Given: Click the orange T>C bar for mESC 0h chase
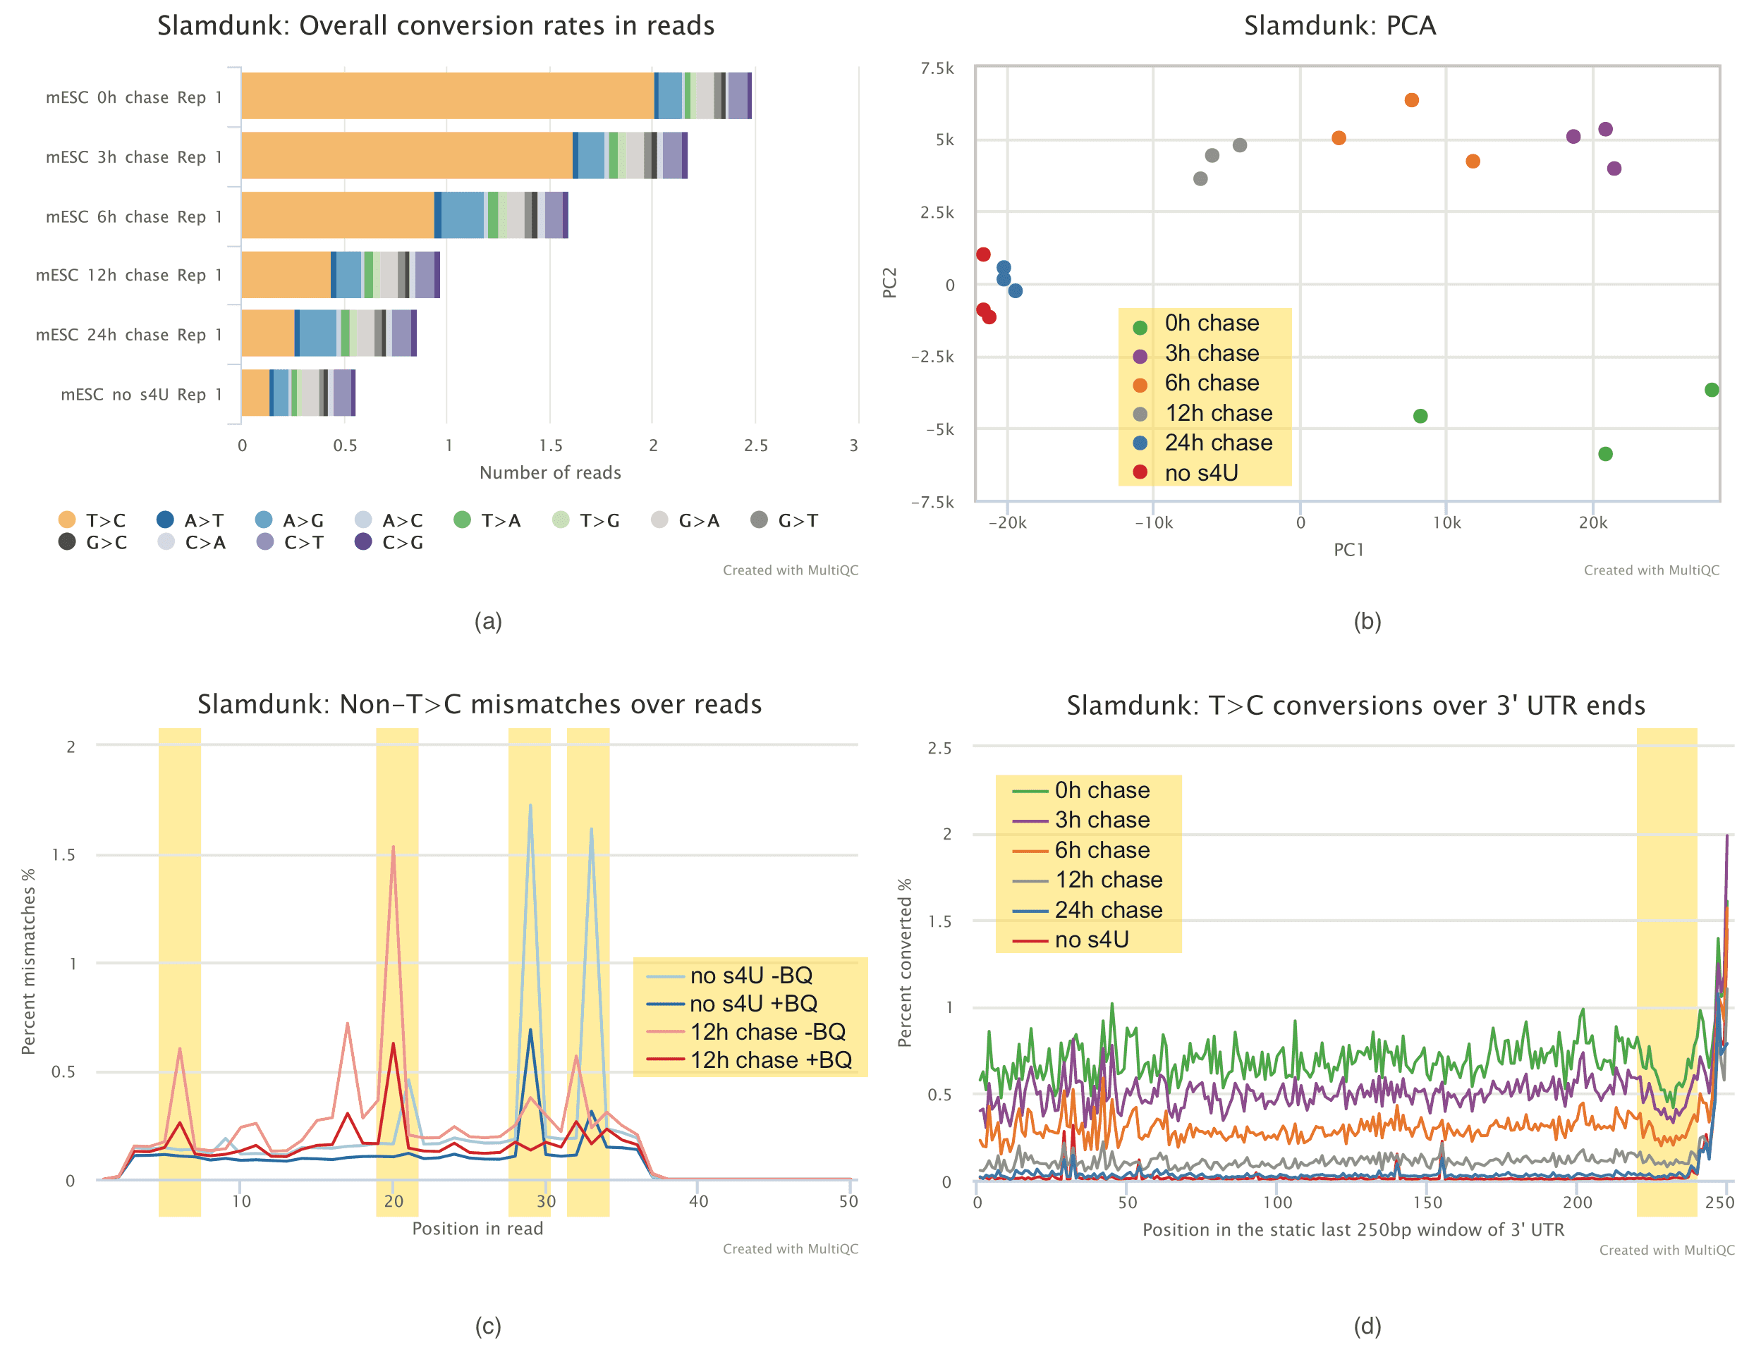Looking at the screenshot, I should pyautogui.click(x=447, y=96).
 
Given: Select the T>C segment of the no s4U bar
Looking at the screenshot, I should pyautogui.click(x=255, y=393).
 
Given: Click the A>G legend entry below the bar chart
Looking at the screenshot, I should pyautogui.click(x=289, y=520).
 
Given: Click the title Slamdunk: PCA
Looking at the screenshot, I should pyautogui.click(x=1339, y=25).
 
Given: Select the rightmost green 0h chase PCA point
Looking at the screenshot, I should pyautogui.click(x=1712, y=390).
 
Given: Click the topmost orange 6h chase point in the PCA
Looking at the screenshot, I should pyautogui.click(x=1411, y=100).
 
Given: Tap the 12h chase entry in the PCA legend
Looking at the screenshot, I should pyautogui.click(x=1217, y=413).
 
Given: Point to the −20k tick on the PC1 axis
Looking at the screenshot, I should pyautogui.click(x=1006, y=523).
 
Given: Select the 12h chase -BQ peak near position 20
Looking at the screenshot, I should pyautogui.click(x=394, y=847).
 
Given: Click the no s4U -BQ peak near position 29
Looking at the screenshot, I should pyautogui.click(x=530, y=805).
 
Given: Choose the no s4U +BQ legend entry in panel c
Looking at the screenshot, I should pyautogui.click(x=752, y=1003).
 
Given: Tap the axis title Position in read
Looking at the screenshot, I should pyautogui.click(x=477, y=1229).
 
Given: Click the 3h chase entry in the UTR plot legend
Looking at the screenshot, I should pyautogui.click(x=1101, y=820).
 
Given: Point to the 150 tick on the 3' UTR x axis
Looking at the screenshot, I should pyautogui.click(x=1427, y=1203).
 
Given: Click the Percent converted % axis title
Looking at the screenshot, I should pyautogui.click(x=905, y=962).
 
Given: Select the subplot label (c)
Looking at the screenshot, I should pyautogui.click(x=488, y=1327).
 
